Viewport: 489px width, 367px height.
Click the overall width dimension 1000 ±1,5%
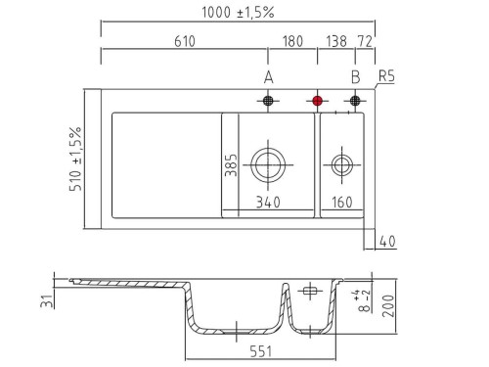(x=238, y=13)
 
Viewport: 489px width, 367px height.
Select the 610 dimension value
(x=185, y=41)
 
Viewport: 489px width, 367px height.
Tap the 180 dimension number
(x=292, y=41)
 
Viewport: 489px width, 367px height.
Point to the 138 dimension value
(x=336, y=41)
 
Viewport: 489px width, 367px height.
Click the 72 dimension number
(x=365, y=41)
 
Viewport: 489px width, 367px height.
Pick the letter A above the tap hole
(x=268, y=77)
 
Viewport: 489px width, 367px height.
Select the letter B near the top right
(x=356, y=77)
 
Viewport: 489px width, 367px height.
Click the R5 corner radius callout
(x=386, y=76)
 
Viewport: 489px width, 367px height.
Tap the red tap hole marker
(x=318, y=101)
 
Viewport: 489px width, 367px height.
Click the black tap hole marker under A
(x=268, y=101)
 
